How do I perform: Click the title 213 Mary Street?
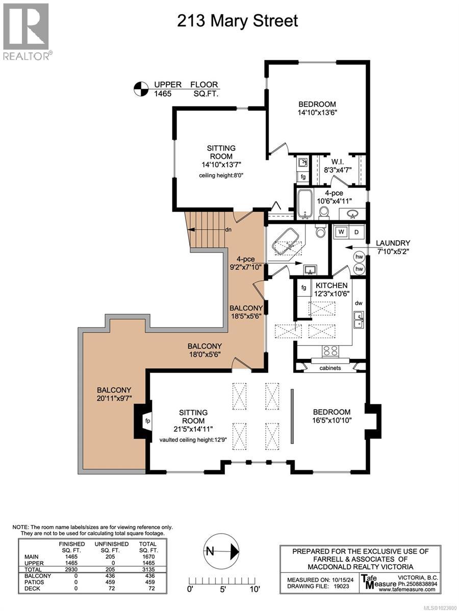point(237,21)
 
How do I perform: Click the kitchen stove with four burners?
point(329,350)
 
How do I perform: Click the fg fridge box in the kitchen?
point(304,288)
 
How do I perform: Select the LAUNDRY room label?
point(393,243)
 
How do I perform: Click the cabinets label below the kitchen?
point(330,367)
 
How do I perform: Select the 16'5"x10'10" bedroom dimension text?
point(331,421)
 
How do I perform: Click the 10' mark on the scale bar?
point(255,589)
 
